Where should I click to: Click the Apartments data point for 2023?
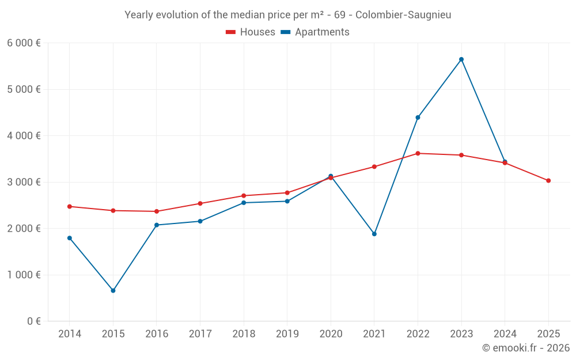(x=461, y=59)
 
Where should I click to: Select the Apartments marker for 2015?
(x=113, y=291)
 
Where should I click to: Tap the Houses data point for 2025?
(x=548, y=181)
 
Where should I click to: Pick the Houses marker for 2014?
(x=70, y=206)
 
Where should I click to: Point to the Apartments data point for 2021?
(x=374, y=234)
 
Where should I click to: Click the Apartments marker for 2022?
(x=418, y=118)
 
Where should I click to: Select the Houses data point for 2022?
(x=418, y=153)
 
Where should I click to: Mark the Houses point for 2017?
(x=200, y=203)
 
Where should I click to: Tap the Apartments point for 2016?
(x=157, y=225)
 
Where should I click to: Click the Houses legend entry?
(x=251, y=32)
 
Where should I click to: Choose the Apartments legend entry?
(x=315, y=32)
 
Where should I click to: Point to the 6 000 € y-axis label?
(x=24, y=43)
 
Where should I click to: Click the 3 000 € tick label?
(x=24, y=182)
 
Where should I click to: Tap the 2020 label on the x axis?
(x=331, y=334)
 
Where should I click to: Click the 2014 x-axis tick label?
(x=70, y=334)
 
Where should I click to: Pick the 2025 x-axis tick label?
(x=548, y=334)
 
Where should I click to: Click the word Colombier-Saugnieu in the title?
(x=403, y=15)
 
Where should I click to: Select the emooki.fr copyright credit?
(x=526, y=348)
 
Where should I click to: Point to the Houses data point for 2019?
(x=287, y=193)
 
